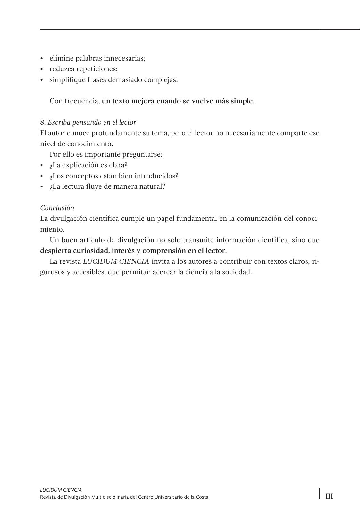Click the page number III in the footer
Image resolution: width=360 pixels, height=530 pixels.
[329, 496]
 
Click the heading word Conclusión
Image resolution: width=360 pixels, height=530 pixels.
[57, 208]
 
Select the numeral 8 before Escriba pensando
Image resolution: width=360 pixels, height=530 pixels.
[42, 122]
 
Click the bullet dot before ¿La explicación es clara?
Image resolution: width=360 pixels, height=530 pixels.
[42, 165]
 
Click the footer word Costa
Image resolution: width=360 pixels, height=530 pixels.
[202, 497]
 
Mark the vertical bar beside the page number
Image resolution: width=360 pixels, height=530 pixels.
[319, 493]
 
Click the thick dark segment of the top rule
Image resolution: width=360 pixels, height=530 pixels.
[339, 29]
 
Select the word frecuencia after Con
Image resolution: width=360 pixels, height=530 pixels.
[82, 101]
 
